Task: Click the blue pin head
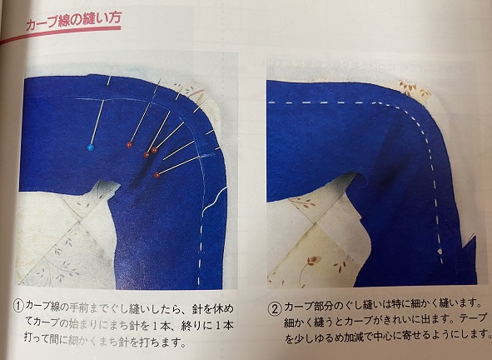click(x=91, y=147)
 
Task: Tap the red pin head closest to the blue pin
click(x=129, y=145)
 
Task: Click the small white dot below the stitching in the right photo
click(x=441, y=251)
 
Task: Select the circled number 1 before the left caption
click(x=18, y=306)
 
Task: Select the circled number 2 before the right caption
click(x=275, y=309)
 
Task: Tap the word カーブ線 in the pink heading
click(x=47, y=23)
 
